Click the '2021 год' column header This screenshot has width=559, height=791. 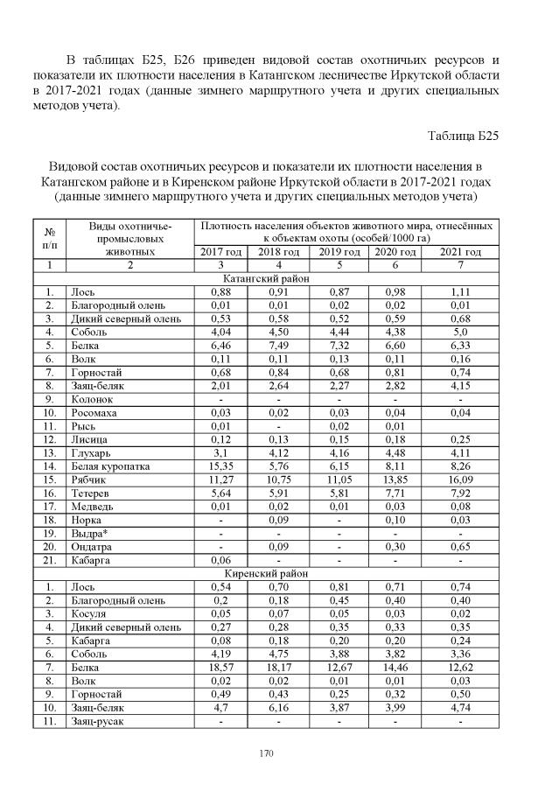[x=460, y=252]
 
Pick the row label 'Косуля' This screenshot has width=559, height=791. [x=89, y=614]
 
